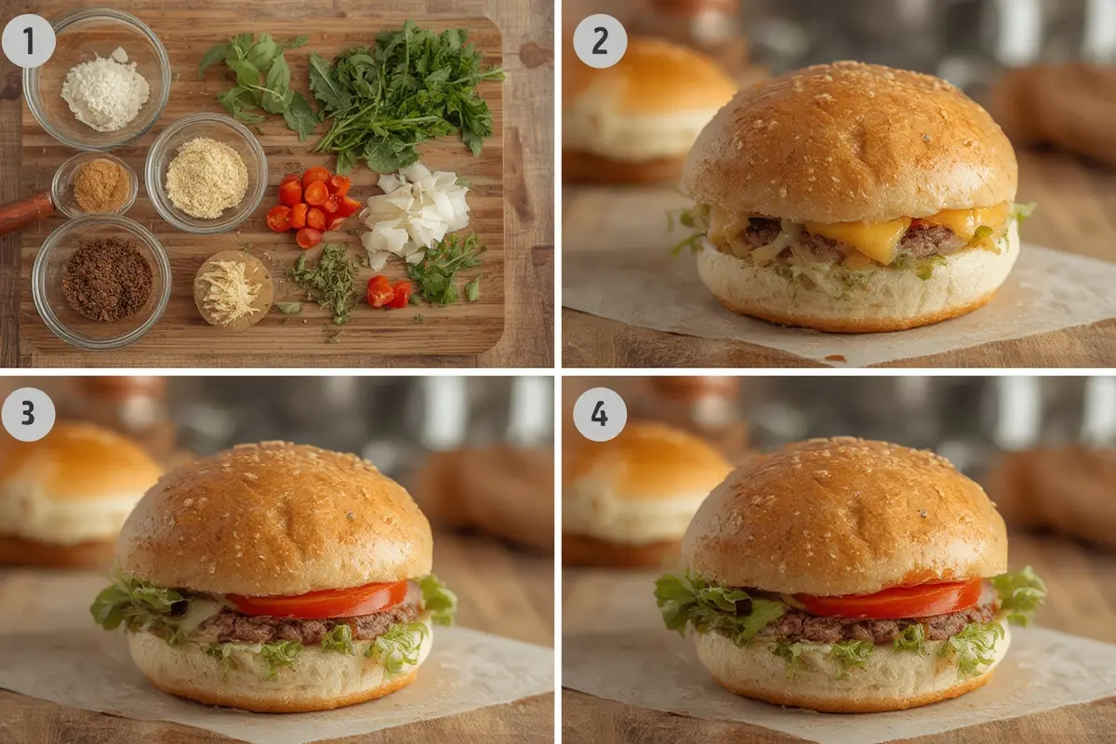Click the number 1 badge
coord(29,41)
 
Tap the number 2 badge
coord(600,41)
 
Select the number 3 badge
coord(29,414)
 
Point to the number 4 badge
coord(600,414)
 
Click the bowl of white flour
coord(97,79)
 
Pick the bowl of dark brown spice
coord(101,281)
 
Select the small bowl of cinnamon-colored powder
coord(95,185)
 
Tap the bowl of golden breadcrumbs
coord(206,173)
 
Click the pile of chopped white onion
coord(416,213)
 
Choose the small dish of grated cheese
coord(232,290)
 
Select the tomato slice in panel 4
coord(887,598)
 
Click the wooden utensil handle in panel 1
coord(25,211)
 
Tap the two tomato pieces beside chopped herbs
coord(389,293)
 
